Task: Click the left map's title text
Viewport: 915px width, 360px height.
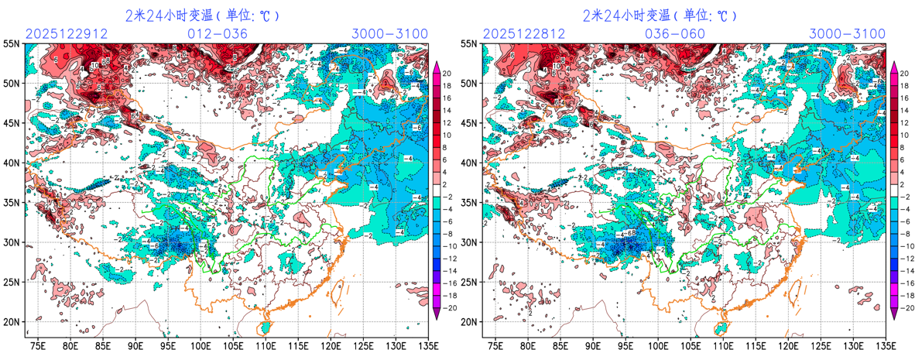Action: coord(202,15)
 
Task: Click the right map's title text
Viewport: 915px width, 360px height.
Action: coord(660,15)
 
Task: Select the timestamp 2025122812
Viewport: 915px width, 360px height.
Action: coord(519,34)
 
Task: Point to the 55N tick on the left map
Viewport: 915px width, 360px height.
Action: coord(12,44)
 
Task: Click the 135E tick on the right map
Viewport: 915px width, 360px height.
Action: coord(885,346)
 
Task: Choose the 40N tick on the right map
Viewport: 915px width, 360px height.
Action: coord(469,163)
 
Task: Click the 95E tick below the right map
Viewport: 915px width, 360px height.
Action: coord(625,346)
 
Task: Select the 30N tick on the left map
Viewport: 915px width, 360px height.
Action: coord(12,242)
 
